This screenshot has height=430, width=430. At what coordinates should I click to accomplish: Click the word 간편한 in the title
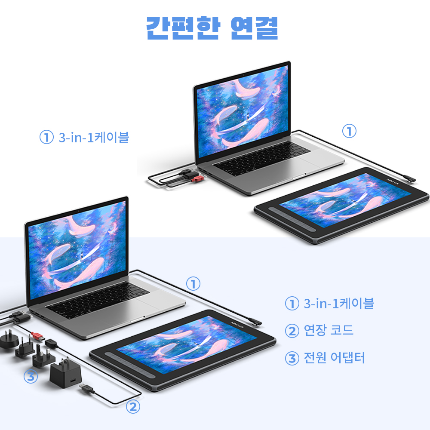coord(183,28)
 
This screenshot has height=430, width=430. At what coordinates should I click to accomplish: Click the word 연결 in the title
coord(254,28)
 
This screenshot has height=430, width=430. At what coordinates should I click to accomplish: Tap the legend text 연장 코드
coord(329,330)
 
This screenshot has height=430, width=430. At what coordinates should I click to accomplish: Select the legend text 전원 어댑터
coord(334,357)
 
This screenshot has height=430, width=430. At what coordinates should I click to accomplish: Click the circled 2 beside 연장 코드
coord(292,331)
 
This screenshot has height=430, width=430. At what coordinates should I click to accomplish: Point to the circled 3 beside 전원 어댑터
coord(292,359)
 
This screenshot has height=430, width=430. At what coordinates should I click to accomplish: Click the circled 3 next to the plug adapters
coord(31,377)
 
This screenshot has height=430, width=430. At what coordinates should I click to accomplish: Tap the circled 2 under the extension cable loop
coord(133,407)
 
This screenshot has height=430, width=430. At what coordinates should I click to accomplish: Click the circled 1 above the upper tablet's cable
coord(349,131)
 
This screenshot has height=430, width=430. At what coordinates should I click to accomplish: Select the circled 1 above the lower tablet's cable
coord(193,283)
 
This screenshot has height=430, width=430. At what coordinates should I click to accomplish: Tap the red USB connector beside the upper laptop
coord(198,179)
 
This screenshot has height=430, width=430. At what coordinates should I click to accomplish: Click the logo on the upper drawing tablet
coord(394,181)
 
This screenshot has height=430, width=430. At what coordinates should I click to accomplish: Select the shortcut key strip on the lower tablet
coord(131,365)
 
